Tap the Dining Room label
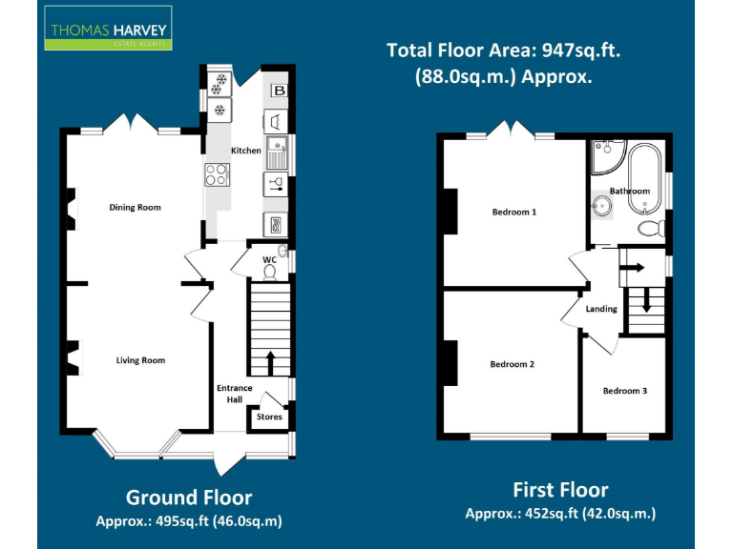tap(135, 207)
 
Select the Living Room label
tap(140, 360)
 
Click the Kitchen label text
tap(245, 151)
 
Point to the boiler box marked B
tap(279, 91)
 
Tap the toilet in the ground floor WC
tap(269, 273)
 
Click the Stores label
tap(269, 417)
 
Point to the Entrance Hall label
tap(234, 394)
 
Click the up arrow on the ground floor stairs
tap(269, 361)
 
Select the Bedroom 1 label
tap(513, 212)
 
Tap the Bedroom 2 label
tap(512, 364)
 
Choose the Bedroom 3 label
tap(624, 391)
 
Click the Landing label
tap(601, 309)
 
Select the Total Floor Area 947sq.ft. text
tap(503, 51)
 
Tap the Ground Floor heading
tap(189, 498)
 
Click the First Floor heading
tap(560, 490)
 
